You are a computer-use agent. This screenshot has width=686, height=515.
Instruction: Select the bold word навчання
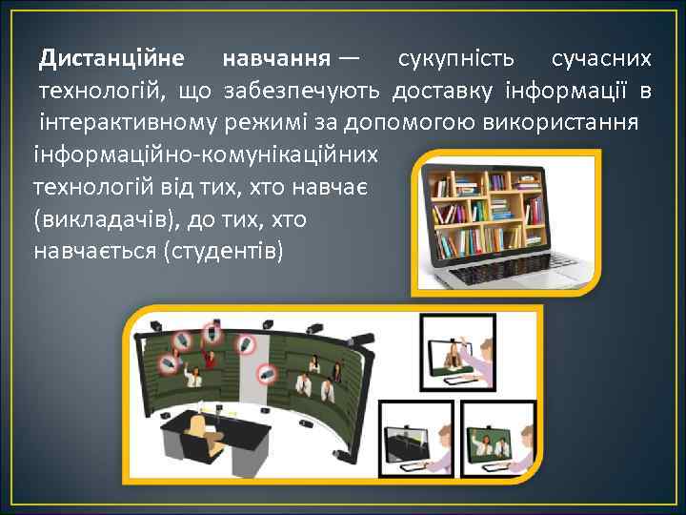pyautogui.click(x=277, y=60)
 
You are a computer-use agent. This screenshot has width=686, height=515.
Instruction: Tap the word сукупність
pyautogui.click(x=456, y=60)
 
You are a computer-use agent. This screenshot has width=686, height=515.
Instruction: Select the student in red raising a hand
pyautogui.click(x=208, y=360)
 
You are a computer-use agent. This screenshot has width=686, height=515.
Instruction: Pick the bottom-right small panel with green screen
pyautogui.click(x=499, y=440)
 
